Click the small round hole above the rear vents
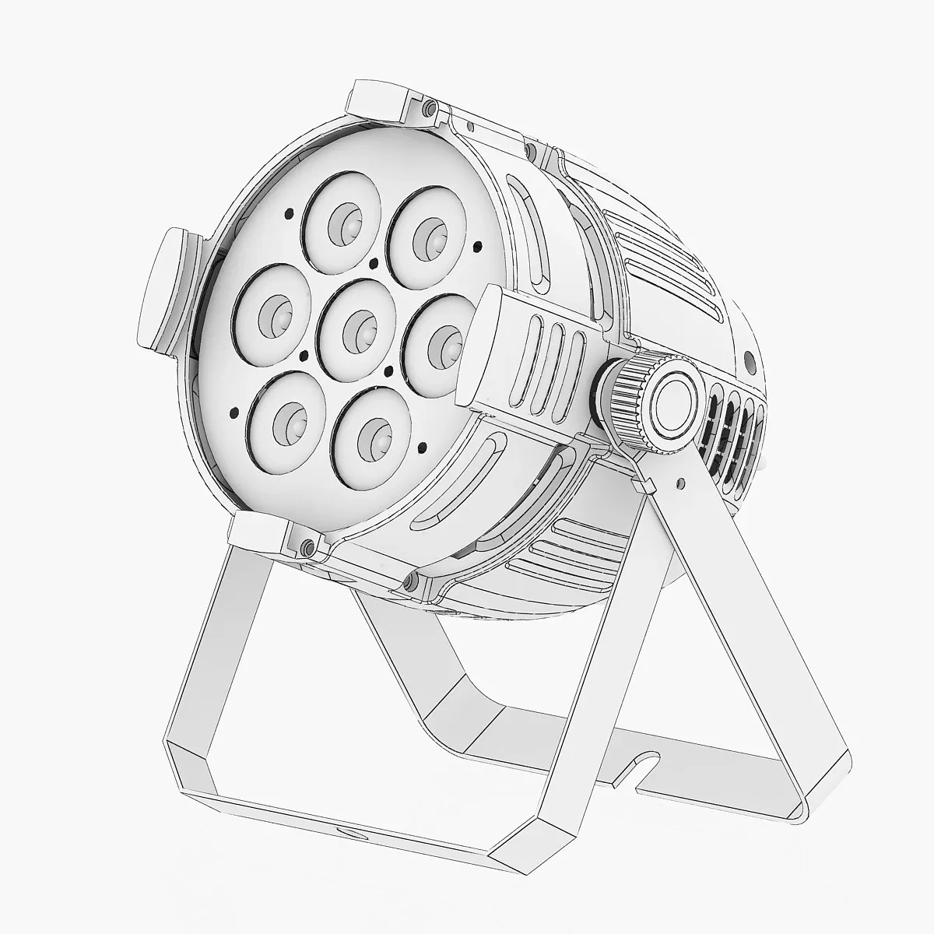click(750, 360)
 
